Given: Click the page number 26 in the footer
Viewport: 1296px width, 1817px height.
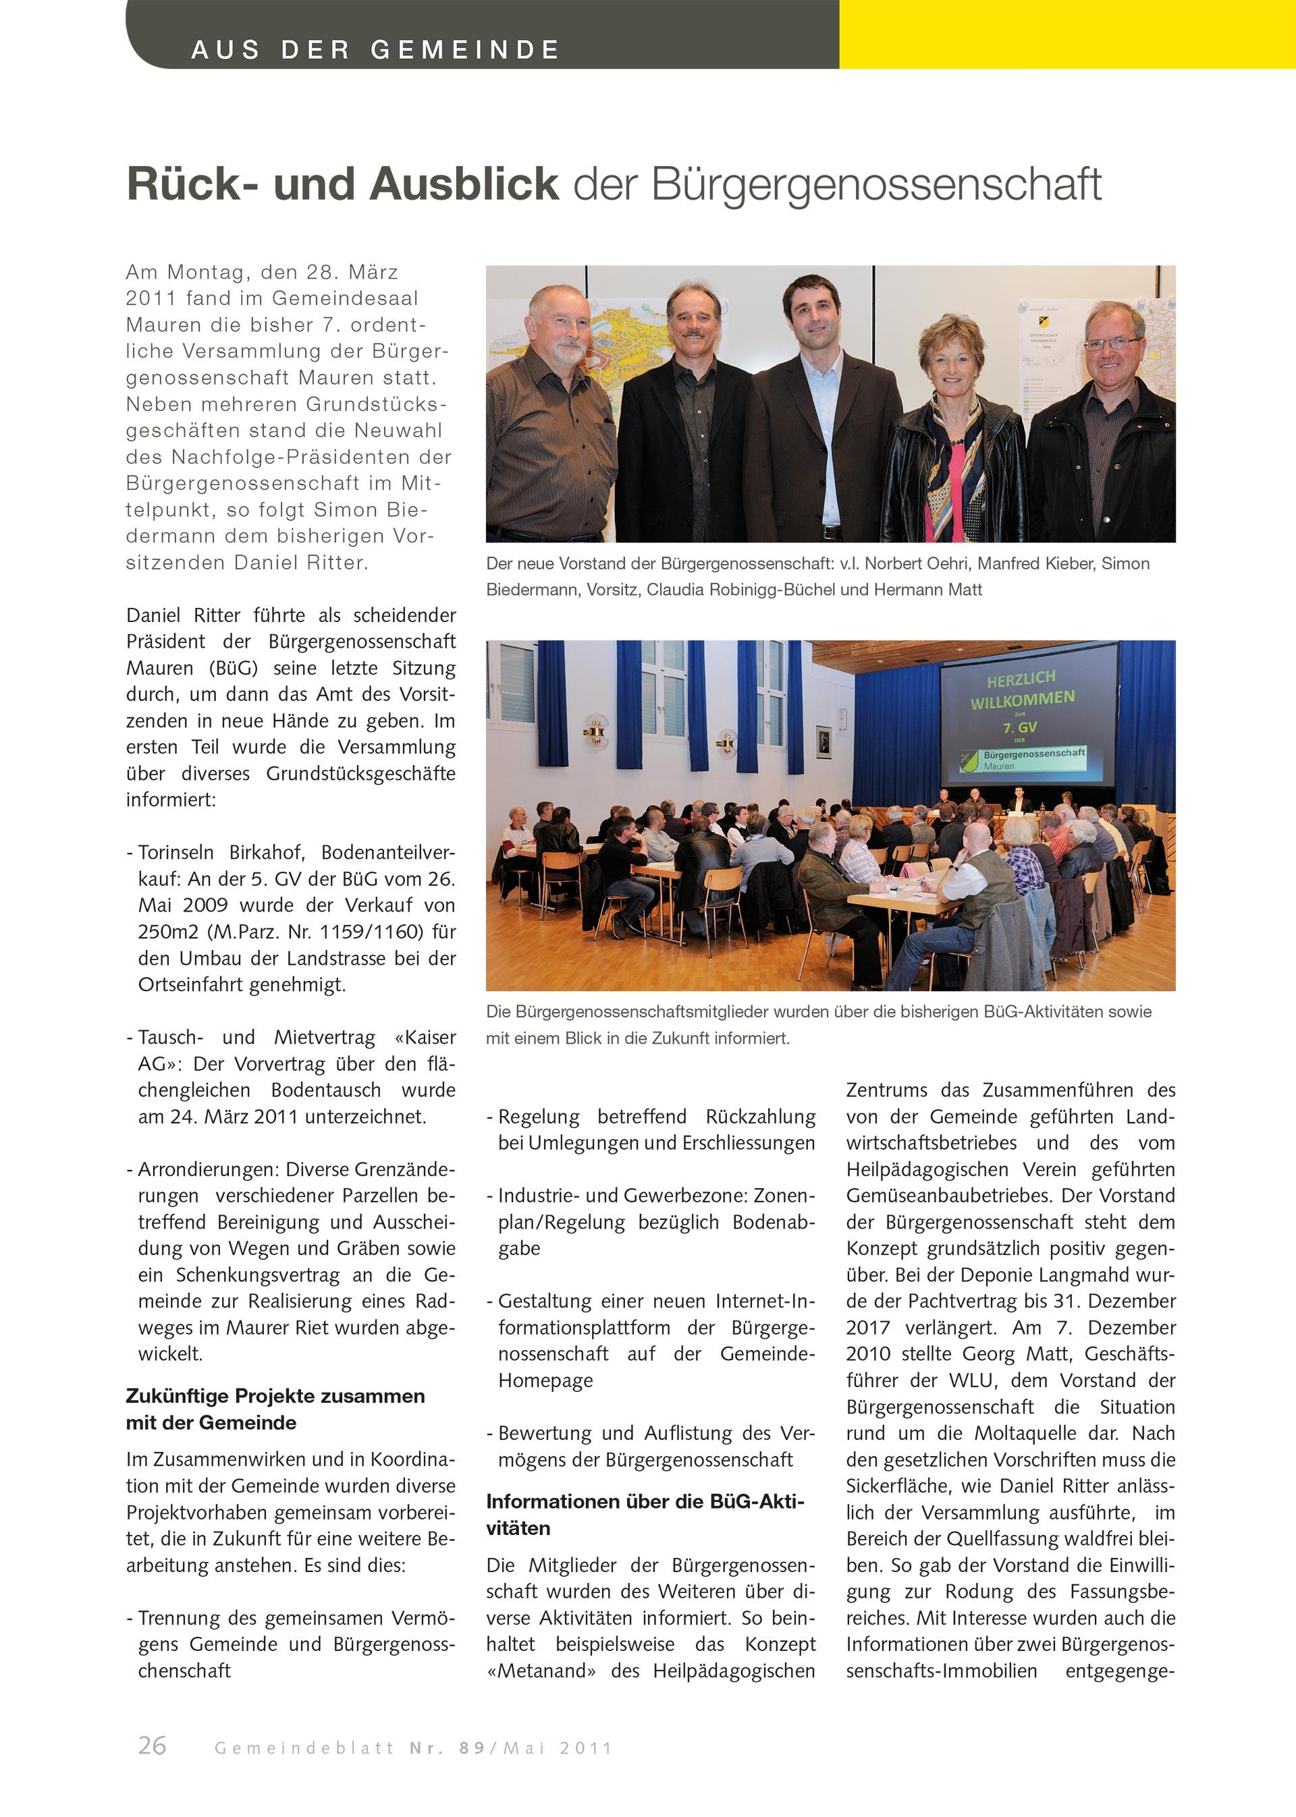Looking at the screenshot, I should tap(152, 1745).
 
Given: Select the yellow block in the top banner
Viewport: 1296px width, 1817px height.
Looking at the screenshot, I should tap(1066, 34).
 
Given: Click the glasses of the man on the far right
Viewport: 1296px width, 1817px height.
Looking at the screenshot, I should tap(1112, 345).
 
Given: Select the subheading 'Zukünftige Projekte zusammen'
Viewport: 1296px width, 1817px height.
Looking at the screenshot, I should tap(275, 1396).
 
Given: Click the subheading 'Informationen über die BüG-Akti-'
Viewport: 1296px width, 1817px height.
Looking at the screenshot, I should tap(645, 1501).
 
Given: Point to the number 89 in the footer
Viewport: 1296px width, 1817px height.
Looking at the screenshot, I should tap(472, 1748).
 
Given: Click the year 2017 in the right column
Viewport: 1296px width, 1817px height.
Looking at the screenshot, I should tap(867, 1327).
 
